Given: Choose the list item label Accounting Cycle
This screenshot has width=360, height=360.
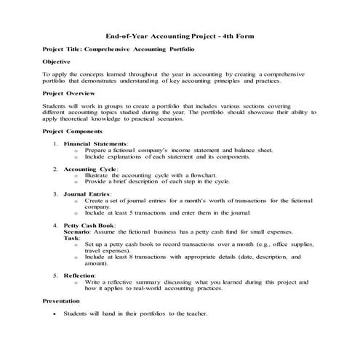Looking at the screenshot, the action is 90,169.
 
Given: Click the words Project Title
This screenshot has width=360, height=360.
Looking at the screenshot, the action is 62,48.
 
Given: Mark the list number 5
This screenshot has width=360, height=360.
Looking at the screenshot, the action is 55,276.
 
